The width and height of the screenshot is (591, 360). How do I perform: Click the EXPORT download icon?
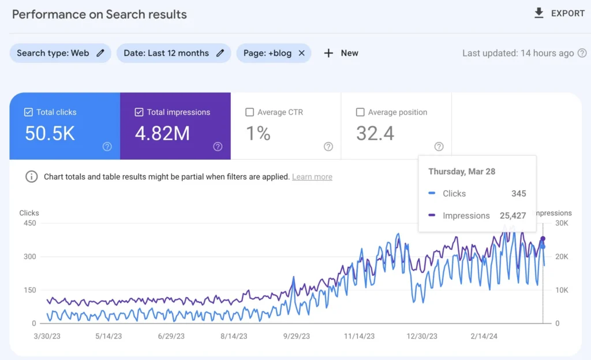click(x=539, y=13)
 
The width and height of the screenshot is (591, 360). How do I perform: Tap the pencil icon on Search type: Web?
click(x=100, y=53)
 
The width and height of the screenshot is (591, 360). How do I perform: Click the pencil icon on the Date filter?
click(x=220, y=53)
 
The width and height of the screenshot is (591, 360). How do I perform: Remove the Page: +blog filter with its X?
click(x=301, y=53)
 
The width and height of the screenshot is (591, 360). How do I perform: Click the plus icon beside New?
click(x=328, y=53)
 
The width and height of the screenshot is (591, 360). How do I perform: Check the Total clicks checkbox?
click(x=28, y=112)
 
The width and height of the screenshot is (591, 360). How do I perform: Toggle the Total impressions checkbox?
click(x=139, y=112)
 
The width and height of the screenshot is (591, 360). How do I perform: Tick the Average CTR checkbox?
click(x=249, y=112)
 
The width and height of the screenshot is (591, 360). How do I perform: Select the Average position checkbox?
click(x=360, y=112)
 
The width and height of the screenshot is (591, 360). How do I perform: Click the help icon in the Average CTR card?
click(x=328, y=147)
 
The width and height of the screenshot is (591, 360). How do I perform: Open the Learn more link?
click(x=312, y=177)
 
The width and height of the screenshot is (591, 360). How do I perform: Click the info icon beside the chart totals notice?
click(x=32, y=176)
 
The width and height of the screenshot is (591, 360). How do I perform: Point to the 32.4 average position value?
click(x=375, y=133)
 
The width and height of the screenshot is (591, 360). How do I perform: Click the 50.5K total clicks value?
click(x=50, y=133)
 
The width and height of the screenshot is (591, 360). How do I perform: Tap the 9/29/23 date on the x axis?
click(x=297, y=336)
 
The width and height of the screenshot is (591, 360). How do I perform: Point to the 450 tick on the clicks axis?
click(x=30, y=223)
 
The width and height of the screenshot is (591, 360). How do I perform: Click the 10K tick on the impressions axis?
click(x=562, y=290)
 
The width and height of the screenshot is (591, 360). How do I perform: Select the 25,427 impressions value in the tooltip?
click(x=513, y=215)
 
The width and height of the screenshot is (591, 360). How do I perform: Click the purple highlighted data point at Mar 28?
click(x=543, y=239)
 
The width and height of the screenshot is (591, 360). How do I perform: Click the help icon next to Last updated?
click(x=582, y=53)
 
